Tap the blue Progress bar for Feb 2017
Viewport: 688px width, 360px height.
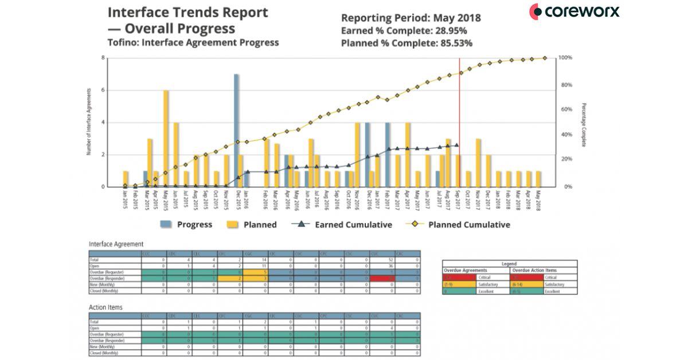(x=388, y=155)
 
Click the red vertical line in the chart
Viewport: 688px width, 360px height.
(x=459, y=115)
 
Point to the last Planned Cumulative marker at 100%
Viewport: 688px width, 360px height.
(x=545, y=58)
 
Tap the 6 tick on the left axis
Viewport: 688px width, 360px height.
(x=103, y=90)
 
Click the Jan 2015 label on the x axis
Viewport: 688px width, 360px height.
(x=125, y=201)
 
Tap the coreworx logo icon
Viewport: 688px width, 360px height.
(x=536, y=11)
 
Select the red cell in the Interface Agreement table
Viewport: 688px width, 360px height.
(x=381, y=278)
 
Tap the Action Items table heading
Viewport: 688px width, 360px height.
(x=105, y=307)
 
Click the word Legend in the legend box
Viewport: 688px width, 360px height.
(x=509, y=264)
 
